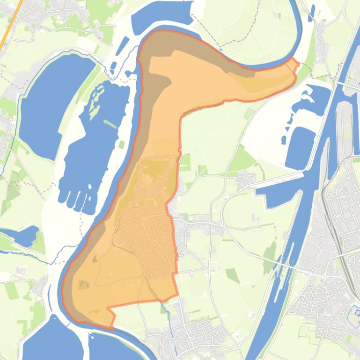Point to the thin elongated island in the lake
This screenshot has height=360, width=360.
(110, 124)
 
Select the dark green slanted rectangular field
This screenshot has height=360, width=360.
(233, 275)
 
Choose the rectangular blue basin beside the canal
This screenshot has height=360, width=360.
(300, 147)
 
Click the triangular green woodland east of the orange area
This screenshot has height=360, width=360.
(243, 159)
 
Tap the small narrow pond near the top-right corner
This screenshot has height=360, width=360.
(312, 10)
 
